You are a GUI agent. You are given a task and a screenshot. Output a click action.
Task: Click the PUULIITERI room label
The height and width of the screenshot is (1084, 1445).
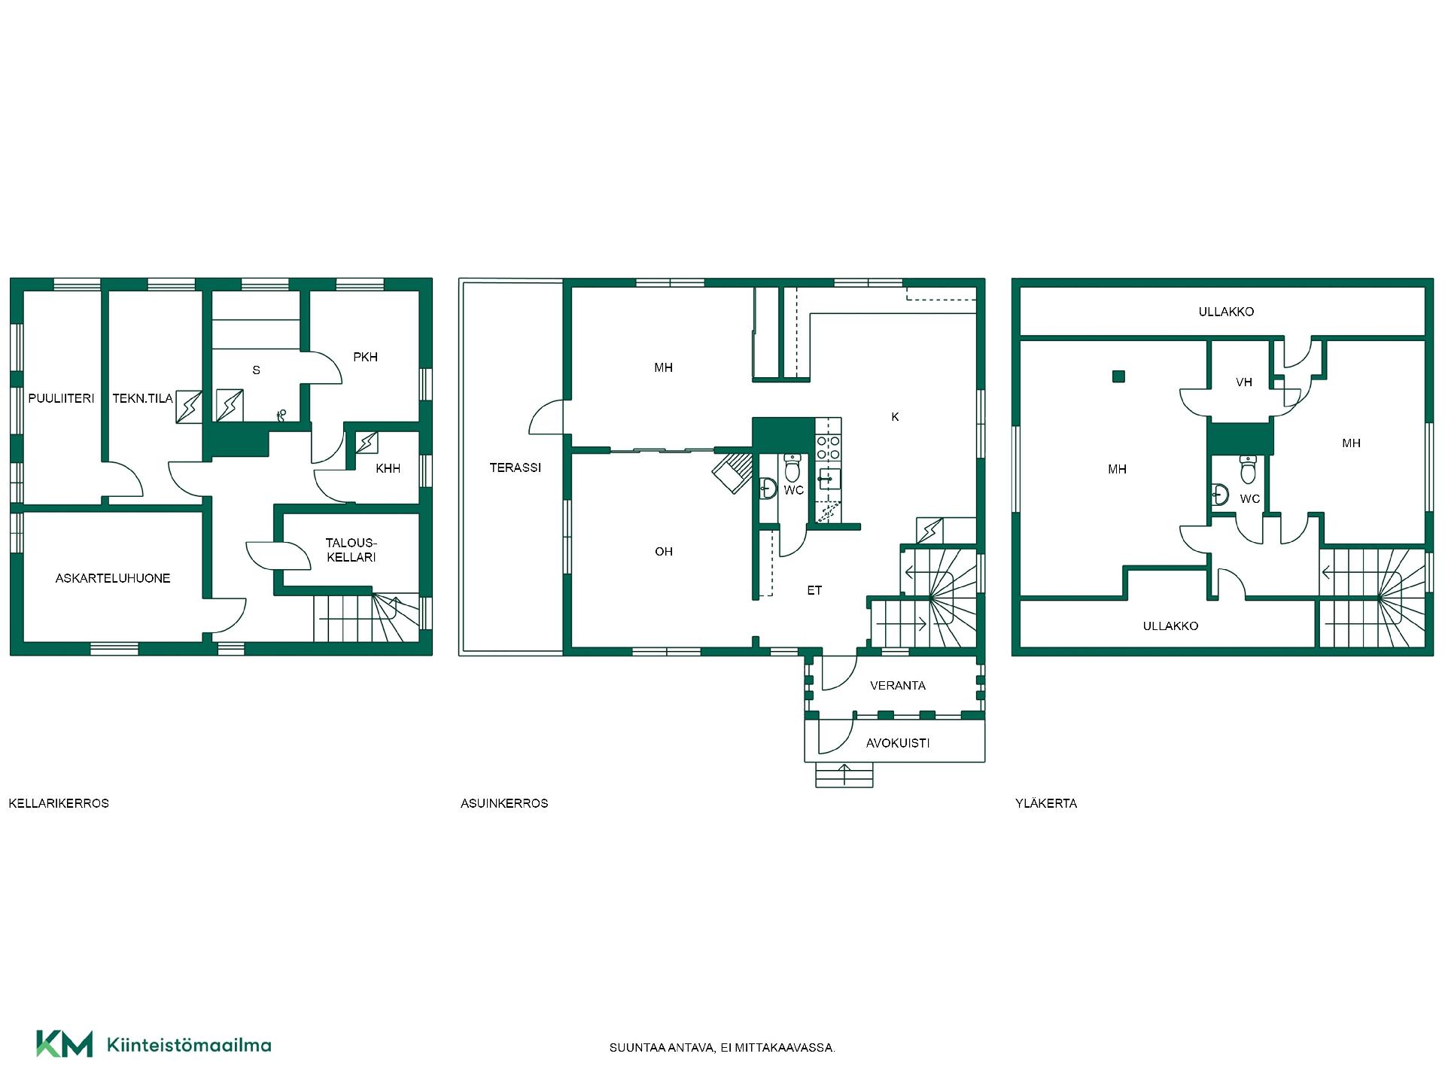61,398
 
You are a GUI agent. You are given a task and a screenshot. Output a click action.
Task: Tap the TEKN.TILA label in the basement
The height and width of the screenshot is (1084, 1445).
142,398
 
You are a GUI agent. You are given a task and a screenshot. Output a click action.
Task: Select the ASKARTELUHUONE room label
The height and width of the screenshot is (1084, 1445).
113,578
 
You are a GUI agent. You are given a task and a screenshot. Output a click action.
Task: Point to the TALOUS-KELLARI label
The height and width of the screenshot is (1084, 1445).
351,550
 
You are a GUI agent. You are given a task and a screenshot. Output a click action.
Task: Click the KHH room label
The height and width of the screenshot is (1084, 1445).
388,468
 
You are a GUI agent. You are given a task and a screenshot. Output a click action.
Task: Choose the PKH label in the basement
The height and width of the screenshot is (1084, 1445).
366,357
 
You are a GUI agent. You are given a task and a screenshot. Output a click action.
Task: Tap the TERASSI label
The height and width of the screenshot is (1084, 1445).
516,467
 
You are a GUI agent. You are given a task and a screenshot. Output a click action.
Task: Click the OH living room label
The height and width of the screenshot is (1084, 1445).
664,552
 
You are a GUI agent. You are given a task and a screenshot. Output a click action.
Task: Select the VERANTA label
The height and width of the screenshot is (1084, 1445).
898,686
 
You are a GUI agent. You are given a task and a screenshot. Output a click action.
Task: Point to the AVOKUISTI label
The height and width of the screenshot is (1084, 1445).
898,743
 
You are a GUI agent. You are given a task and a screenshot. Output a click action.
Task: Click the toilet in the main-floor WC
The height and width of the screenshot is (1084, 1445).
793,467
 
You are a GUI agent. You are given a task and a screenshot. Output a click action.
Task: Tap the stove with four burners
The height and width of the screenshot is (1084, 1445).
828,449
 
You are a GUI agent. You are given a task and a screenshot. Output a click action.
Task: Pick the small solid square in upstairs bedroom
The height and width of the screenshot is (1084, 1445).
1119,376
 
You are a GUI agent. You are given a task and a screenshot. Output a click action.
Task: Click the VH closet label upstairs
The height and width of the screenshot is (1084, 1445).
1244,382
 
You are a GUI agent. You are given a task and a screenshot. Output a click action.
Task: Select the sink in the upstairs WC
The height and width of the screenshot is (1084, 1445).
1221,495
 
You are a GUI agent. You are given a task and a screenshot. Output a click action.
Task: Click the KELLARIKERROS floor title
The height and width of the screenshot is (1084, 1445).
59,803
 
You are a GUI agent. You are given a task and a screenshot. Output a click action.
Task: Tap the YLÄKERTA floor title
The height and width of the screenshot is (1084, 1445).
1046,803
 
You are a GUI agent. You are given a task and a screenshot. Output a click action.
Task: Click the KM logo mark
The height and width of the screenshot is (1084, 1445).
65,1044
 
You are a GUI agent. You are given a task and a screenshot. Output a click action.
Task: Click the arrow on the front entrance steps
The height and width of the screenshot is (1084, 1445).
844,775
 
